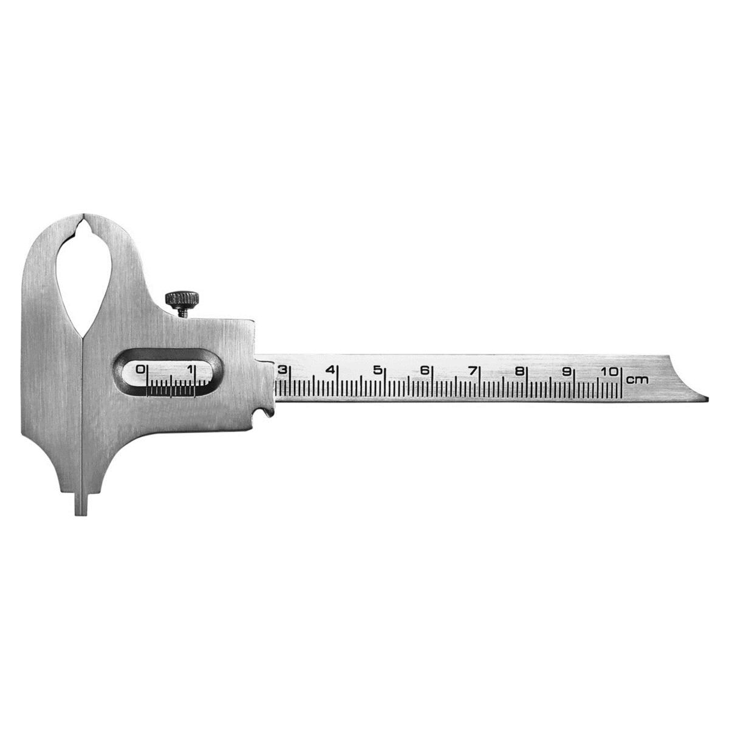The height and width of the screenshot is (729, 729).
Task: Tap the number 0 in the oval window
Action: pyautogui.click(x=141, y=369)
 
